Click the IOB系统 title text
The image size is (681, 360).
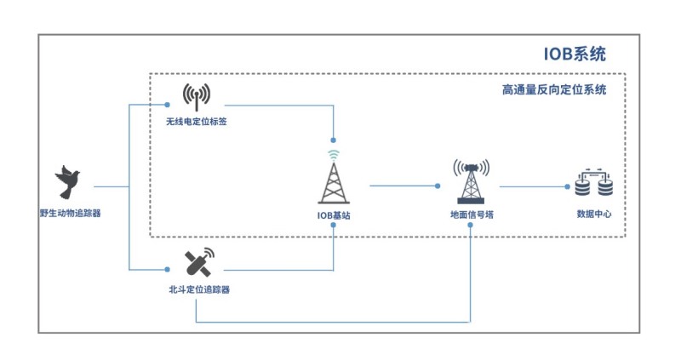click(575, 54)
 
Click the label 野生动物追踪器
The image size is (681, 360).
click(70, 213)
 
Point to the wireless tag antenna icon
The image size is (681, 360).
click(197, 97)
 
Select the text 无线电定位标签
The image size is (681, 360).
click(197, 122)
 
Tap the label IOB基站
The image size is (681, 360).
click(334, 215)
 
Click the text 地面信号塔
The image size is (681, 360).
click(471, 215)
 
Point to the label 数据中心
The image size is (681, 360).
click(594, 214)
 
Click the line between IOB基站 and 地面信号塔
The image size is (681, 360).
click(404, 185)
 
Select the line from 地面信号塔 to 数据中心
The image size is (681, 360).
click(532, 186)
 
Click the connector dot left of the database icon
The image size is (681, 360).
click(568, 186)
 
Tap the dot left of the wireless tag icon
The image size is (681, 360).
click(169, 104)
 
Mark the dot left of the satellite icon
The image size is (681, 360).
click(169, 270)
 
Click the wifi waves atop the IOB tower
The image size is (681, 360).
click(334, 155)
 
